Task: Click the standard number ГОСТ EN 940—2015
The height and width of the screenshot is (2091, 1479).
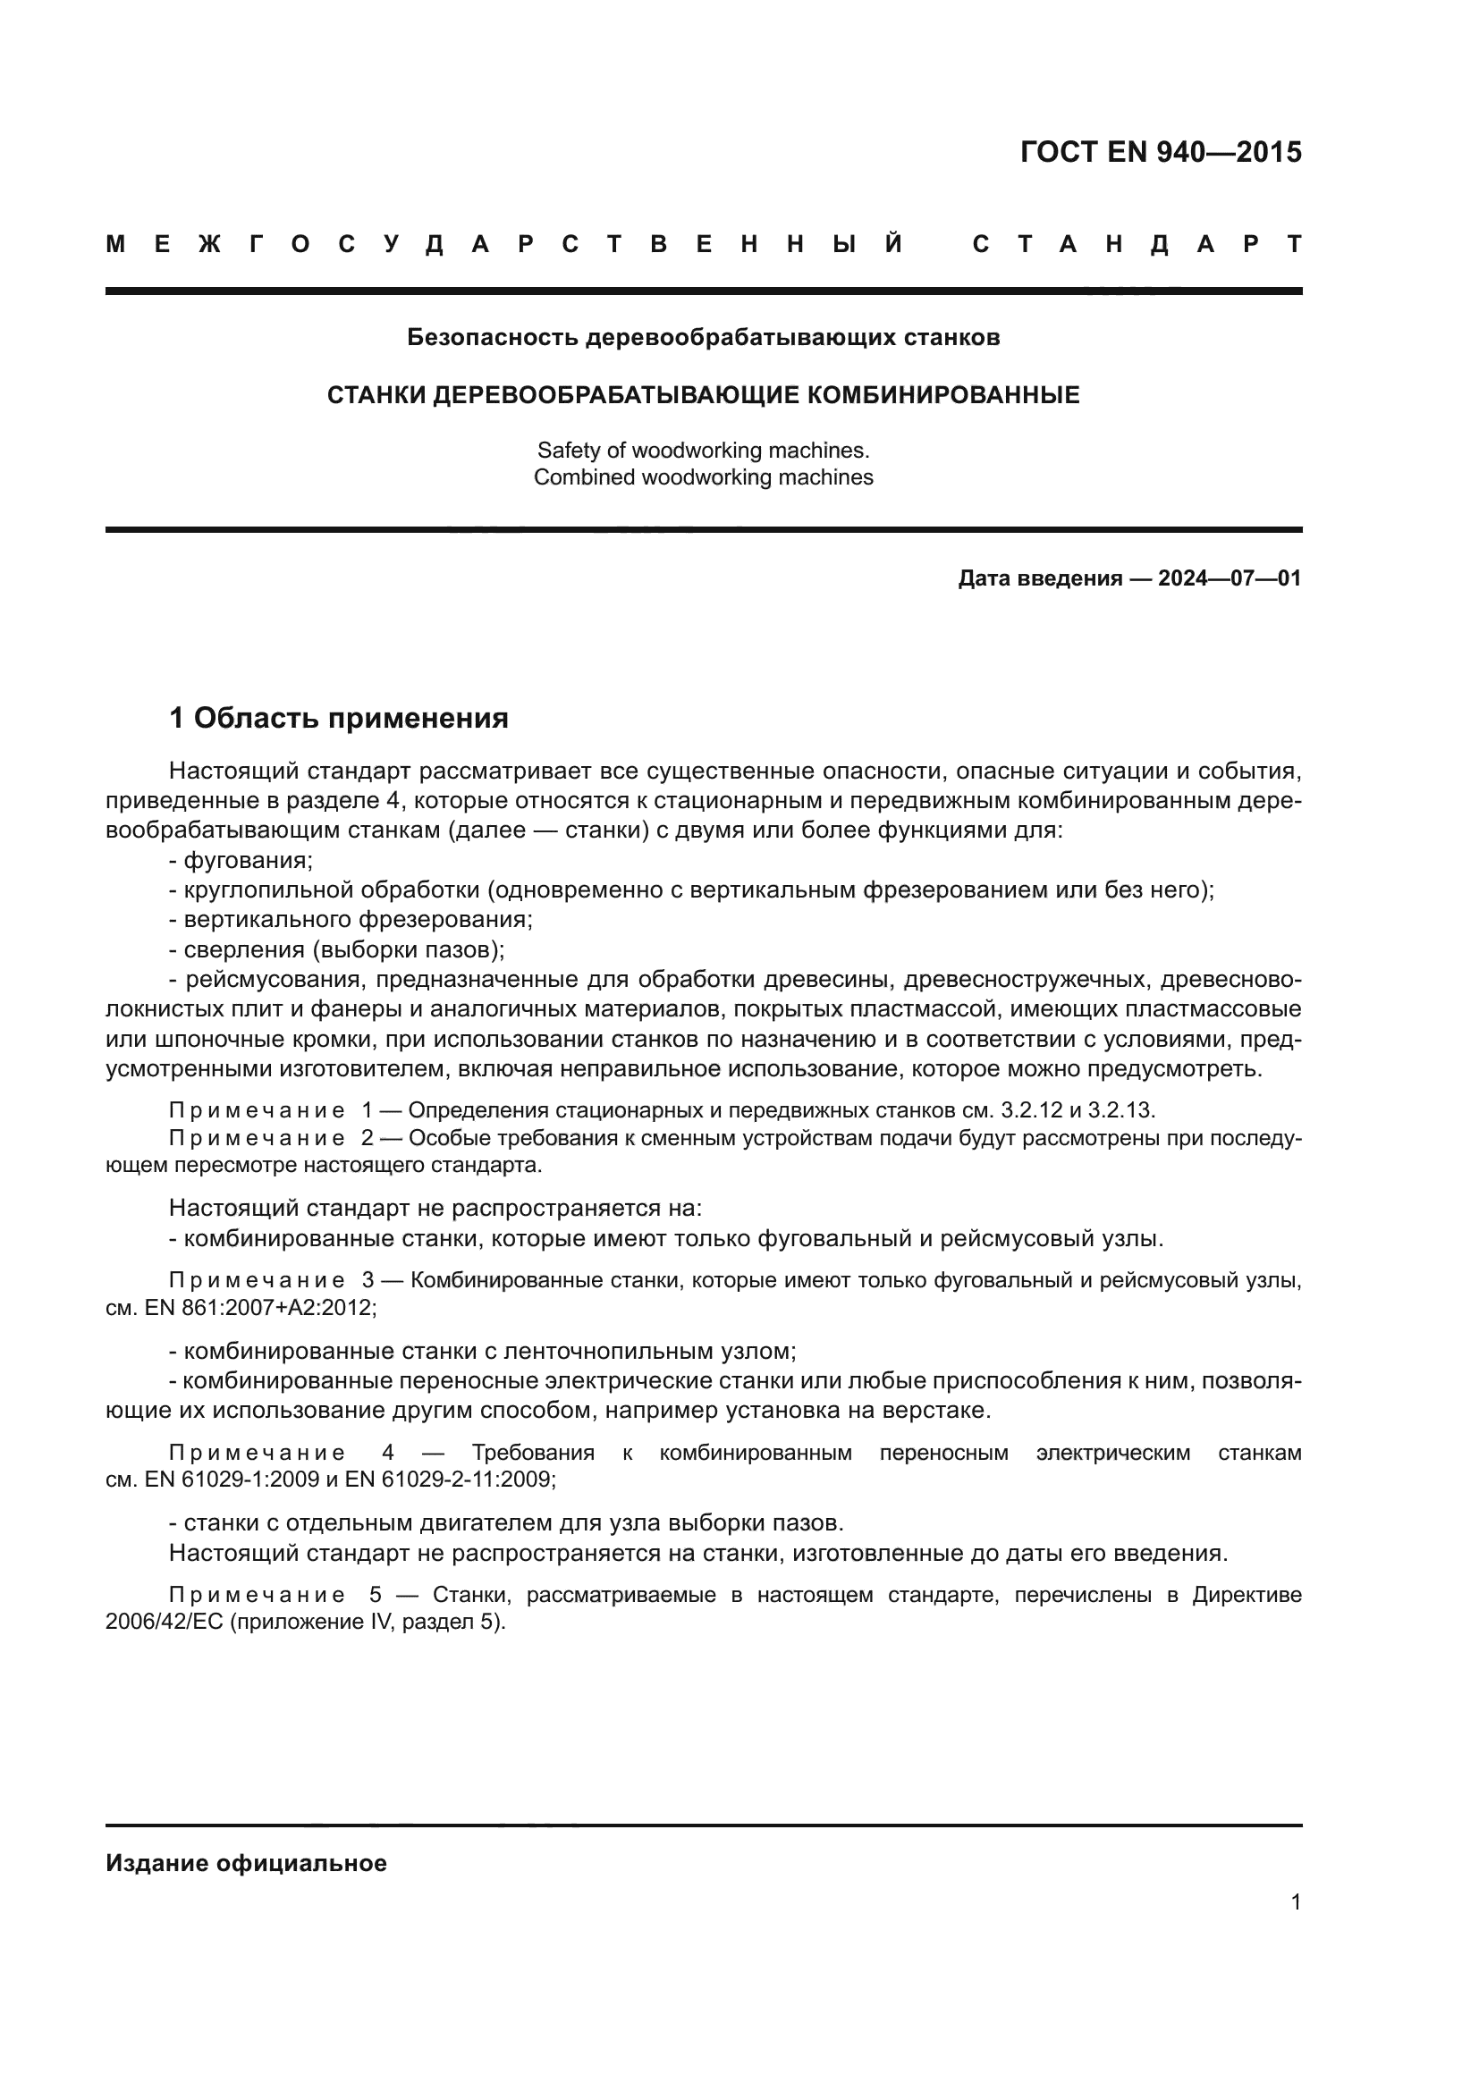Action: pos(1161,152)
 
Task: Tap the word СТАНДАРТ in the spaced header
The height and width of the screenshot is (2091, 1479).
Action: pos(1137,244)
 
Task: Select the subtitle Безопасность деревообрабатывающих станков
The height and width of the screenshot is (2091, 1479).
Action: pos(703,338)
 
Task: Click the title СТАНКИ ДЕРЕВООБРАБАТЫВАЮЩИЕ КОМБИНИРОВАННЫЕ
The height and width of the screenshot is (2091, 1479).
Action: pos(703,395)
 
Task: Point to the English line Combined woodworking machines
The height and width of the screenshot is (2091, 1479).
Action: pos(703,477)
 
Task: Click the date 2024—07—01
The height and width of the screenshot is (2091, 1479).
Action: pos(1230,578)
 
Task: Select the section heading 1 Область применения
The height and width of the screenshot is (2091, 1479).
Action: pos(339,719)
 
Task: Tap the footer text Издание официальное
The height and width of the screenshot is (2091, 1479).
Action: pos(246,1863)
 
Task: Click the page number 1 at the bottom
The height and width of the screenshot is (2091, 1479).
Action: pos(1295,1901)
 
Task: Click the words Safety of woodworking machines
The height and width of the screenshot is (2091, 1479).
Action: pos(703,451)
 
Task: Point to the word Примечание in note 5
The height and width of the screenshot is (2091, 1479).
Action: pos(257,1596)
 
